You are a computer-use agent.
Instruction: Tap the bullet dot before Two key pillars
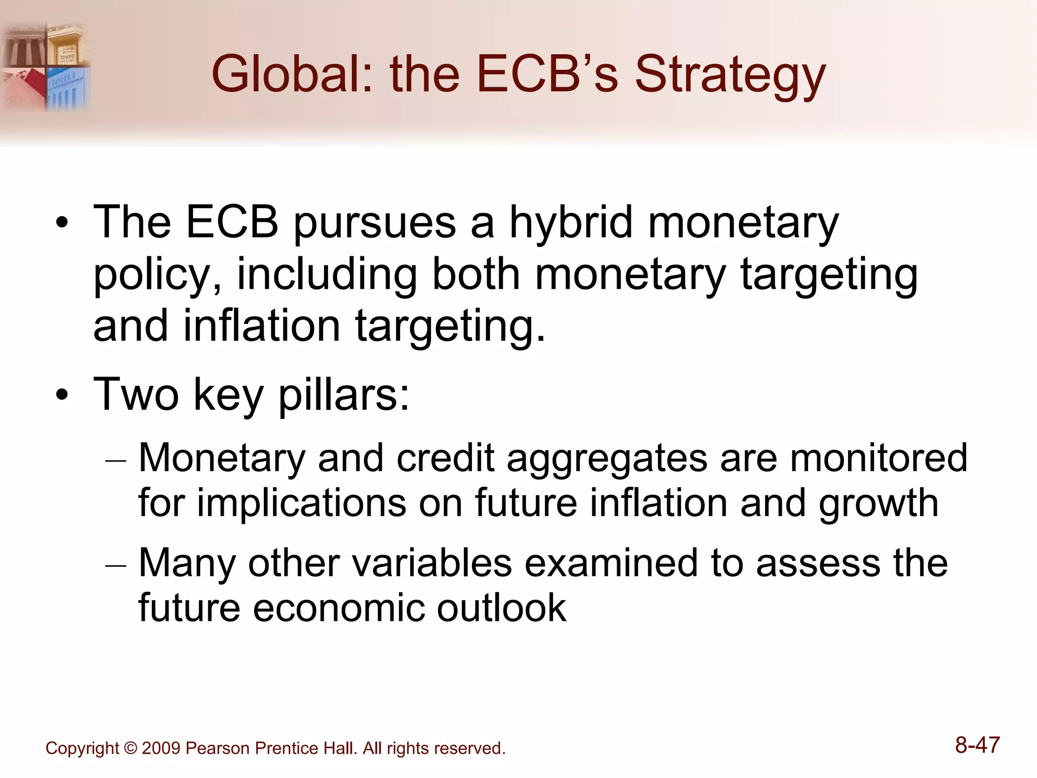[62, 395]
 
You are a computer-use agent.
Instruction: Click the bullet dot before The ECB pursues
[62, 223]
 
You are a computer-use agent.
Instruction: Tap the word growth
[879, 504]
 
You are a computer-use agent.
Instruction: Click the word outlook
[501, 608]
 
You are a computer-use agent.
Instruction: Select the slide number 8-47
[977, 745]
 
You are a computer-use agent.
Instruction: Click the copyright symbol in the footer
[130, 748]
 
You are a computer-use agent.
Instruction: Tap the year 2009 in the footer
[161, 748]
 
